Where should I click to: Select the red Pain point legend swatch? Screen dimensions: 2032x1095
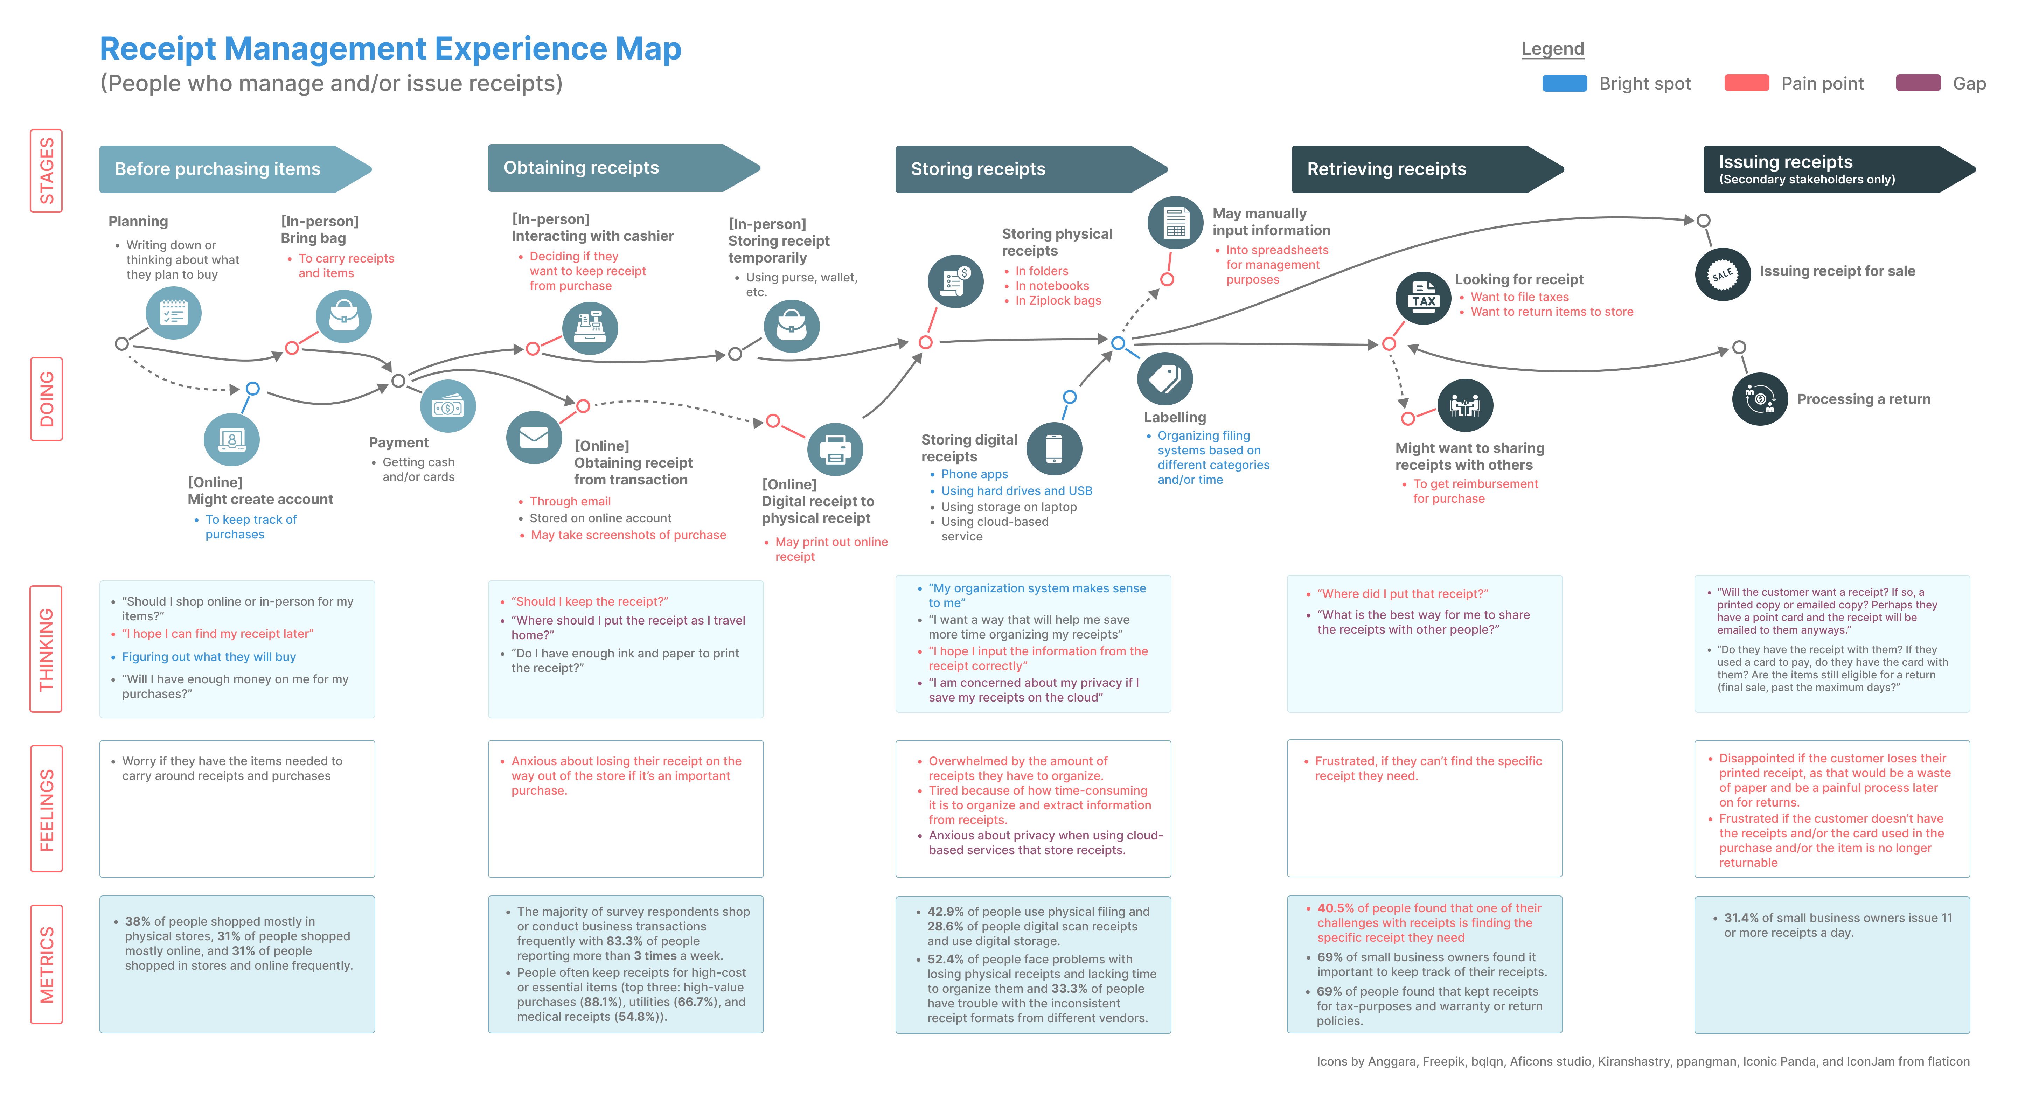click(x=1746, y=84)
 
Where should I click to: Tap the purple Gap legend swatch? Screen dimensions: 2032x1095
click(x=1918, y=84)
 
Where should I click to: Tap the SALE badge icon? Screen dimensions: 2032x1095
click(x=1723, y=274)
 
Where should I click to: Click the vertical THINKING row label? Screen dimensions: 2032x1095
click(x=47, y=648)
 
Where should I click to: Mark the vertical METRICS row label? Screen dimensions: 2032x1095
click(x=47, y=964)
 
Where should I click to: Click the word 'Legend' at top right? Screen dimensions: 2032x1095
click(x=1552, y=49)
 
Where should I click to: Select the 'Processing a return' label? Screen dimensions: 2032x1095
click(x=1863, y=399)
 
